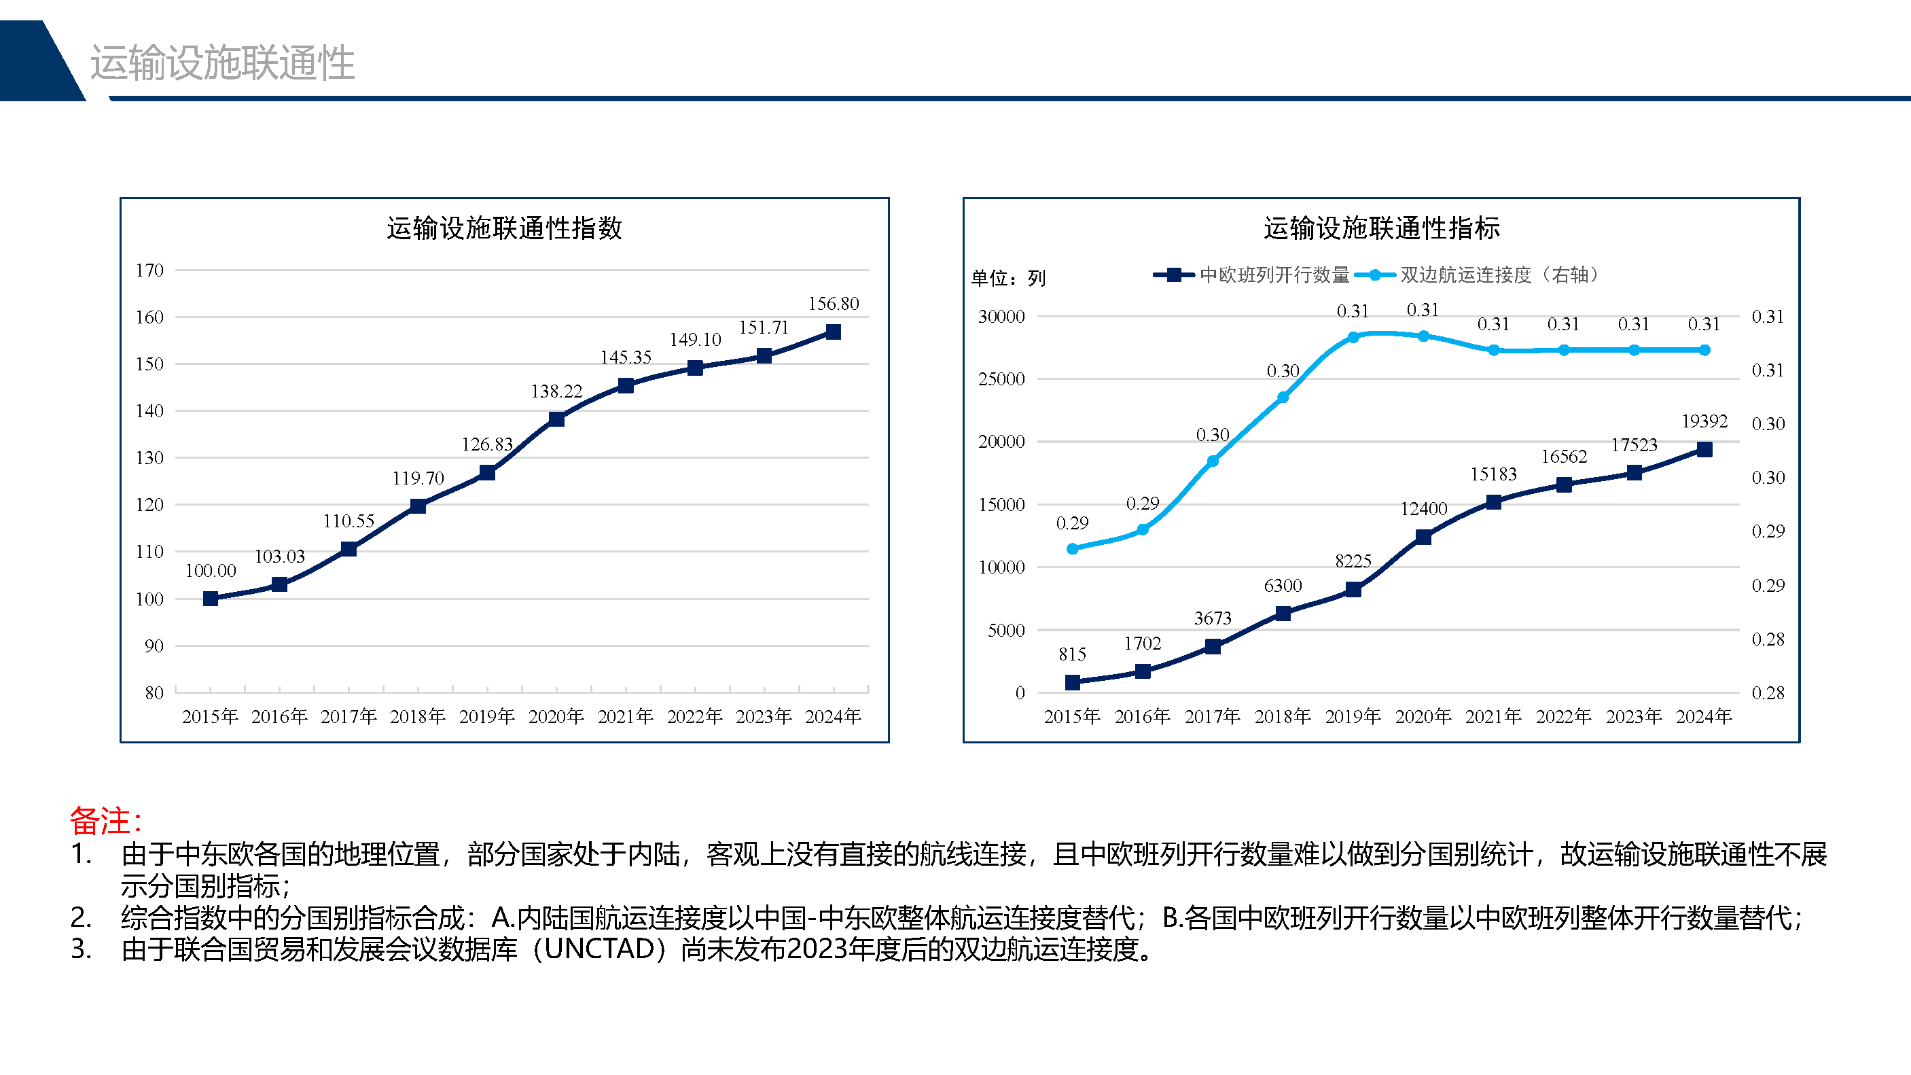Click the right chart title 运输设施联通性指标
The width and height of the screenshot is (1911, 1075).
[1381, 228]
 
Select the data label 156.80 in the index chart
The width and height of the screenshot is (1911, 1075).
[833, 304]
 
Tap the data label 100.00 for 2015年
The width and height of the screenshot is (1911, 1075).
[211, 571]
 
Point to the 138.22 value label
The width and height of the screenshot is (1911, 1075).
[556, 391]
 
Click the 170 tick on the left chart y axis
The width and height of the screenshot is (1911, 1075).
[149, 270]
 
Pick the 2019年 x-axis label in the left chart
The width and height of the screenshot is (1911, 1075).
[486, 717]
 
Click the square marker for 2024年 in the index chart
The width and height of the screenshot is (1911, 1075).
[833, 332]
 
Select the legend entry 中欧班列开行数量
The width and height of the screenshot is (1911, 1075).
[1274, 275]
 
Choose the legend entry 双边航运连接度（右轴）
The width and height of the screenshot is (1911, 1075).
[1499, 275]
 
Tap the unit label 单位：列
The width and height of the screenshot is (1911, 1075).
[1008, 278]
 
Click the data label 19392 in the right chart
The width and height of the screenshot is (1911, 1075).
[1704, 421]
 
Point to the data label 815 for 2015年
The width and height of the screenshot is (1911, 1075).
[1072, 654]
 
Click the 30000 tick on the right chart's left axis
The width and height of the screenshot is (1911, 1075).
[1001, 317]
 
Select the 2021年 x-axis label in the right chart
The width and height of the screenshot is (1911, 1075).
[1493, 717]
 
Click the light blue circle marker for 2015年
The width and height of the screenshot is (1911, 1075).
[1072, 549]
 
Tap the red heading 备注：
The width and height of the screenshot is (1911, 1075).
[106, 821]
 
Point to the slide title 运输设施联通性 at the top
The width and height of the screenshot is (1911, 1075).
[223, 63]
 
